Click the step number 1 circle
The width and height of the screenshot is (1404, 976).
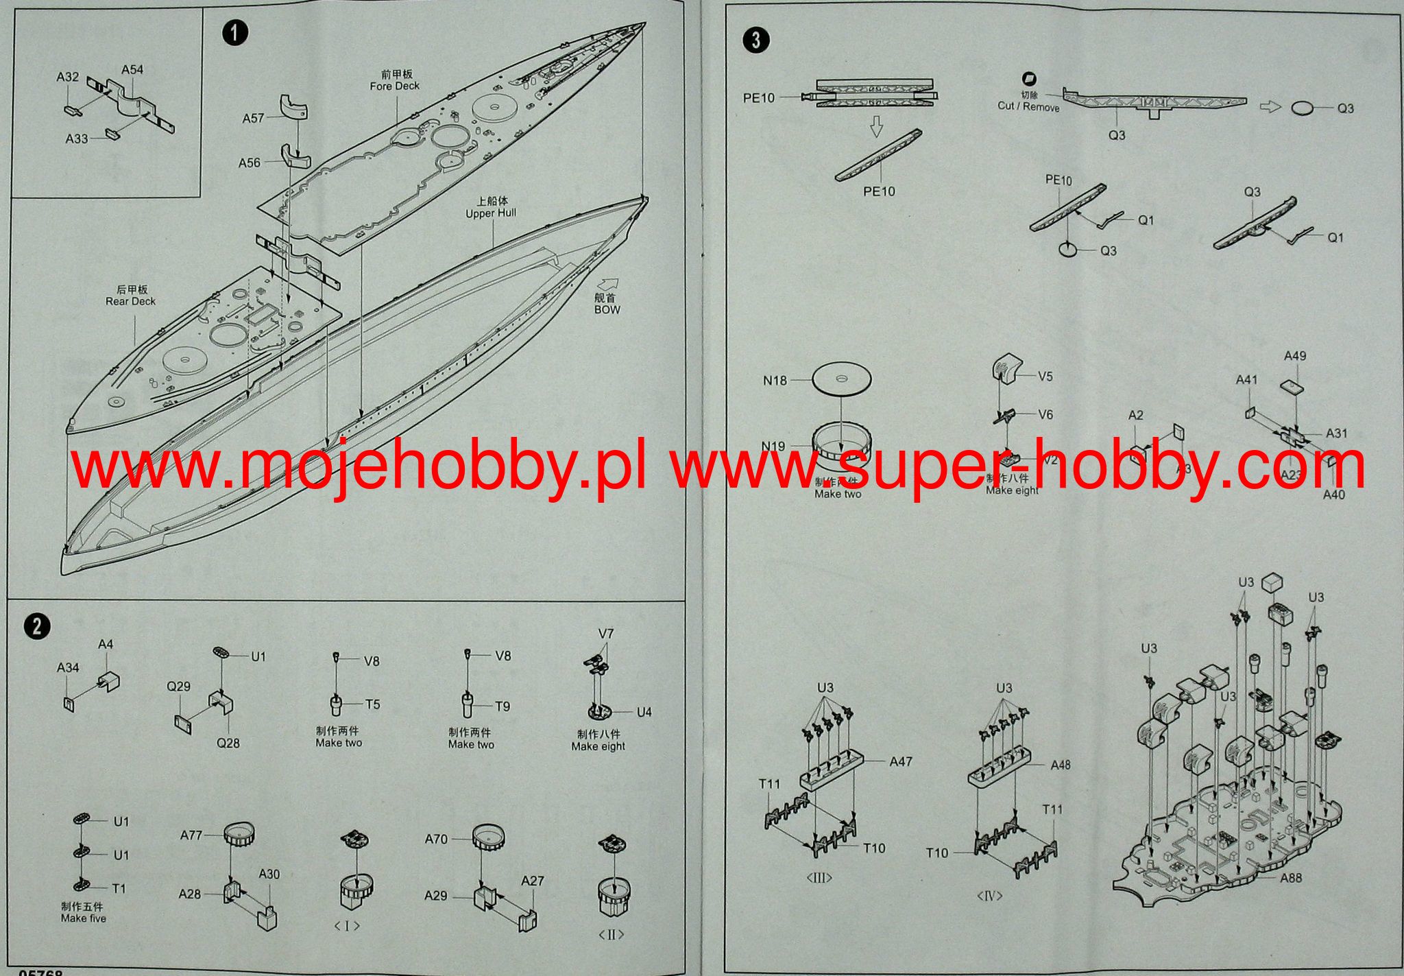(235, 33)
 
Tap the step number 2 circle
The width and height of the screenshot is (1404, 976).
(36, 626)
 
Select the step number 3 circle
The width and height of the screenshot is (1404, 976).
(755, 40)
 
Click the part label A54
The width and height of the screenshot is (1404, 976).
(132, 69)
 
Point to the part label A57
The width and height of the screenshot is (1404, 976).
(253, 118)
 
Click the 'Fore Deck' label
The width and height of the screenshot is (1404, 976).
(394, 86)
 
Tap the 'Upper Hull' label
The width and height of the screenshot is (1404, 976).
(491, 213)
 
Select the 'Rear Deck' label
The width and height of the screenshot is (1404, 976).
(130, 300)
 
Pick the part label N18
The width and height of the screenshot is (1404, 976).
(775, 380)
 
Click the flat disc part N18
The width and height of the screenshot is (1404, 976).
(841, 378)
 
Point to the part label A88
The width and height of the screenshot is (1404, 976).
(1290, 877)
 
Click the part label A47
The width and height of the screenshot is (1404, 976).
(901, 761)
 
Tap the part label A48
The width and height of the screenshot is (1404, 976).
(1060, 764)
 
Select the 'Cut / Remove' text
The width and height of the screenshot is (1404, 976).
(1028, 106)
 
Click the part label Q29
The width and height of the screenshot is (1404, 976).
(178, 686)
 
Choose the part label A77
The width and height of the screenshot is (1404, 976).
(191, 835)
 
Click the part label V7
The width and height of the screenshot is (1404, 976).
(606, 633)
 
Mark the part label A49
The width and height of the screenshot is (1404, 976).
(1295, 355)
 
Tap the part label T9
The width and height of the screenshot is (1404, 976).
(503, 706)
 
